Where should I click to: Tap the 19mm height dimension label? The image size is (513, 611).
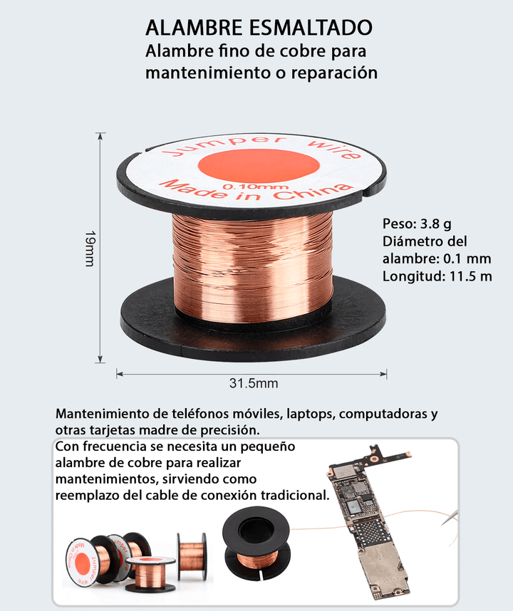click(90, 249)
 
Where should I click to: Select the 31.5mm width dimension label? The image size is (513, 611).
click(254, 383)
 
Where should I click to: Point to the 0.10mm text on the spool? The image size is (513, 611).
click(250, 187)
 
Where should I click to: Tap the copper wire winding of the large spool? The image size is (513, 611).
click(252, 267)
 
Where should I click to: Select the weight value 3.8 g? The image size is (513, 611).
click(436, 224)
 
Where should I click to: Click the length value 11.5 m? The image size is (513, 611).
click(471, 276)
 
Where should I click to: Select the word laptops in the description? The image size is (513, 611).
click(311, 414)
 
